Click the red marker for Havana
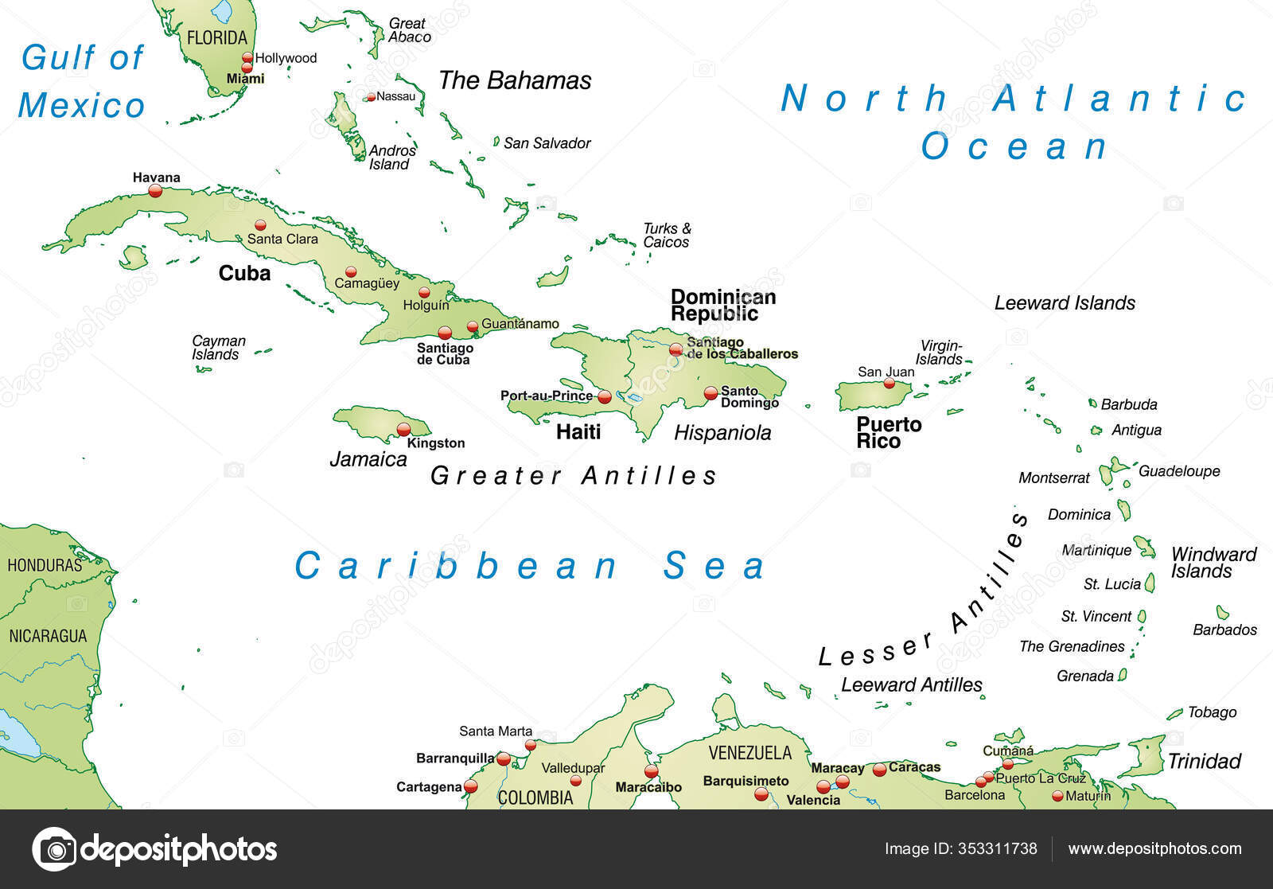tap(155, 191)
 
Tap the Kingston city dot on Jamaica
tap(403, 430)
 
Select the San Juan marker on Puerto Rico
tap(890, 384)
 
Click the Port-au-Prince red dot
tap(605, 396)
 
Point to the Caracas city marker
tap(879, 770)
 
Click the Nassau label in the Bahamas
tap(395, 96)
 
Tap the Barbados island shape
tap(1222, 612)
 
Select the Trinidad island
tap(1143, 757)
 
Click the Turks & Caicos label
tap(667, 236)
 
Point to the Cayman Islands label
tap(218, 348)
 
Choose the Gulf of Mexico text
tap(82, 81)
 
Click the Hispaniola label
tap(722, 433)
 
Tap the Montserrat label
tap(1053, 478)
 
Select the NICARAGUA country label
tap(48, 636)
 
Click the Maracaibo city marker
tap(652, 771)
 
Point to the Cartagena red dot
tap(470, 786)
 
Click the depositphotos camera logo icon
tap(55, 849)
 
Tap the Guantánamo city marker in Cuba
tap(473, 326)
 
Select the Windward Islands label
tap(1213, 563)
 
